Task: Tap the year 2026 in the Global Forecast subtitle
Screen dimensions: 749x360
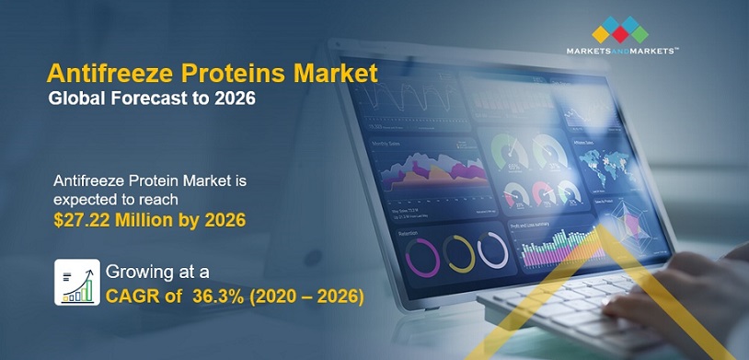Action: click(235, 98)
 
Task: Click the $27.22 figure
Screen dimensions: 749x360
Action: click(80, 219)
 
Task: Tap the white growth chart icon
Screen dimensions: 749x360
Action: click(77, 282)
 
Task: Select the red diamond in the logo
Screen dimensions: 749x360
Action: click(620, 34)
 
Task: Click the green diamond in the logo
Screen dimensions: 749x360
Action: click(640, 34)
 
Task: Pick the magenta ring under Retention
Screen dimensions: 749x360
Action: click(422, 258)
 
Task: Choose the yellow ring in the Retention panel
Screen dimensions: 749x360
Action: click(458, 254)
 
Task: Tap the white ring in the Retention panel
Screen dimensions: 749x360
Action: click(493, 250)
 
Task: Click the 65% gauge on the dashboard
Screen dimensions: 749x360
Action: click(510, 152)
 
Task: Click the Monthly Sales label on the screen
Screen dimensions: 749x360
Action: click(385, 144)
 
